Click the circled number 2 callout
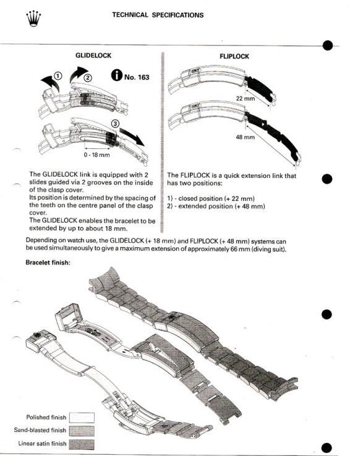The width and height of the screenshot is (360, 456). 87,78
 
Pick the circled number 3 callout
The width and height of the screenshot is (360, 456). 113,122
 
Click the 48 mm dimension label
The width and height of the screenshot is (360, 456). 245,137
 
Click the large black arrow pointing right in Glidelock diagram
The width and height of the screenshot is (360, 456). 134,136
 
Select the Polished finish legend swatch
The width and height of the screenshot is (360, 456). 86,418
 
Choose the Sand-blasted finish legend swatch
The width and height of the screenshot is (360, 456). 86,431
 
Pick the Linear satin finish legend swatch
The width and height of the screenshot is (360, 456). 86,444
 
